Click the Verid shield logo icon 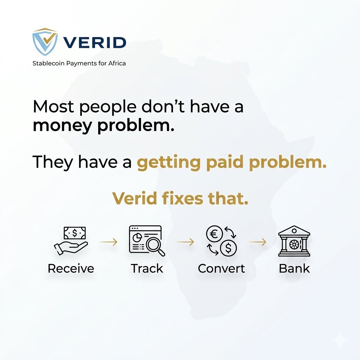[x=45, y=42]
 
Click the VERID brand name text [x=95, y=43]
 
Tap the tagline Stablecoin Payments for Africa [x=79, y=64]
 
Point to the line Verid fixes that [x=180, y=199]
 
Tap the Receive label [x=71, y=269]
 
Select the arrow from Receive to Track [x=108, y=242]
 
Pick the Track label [x=147, y=269]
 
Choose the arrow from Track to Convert [x=185, y=242]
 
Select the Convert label [x=221, y=269]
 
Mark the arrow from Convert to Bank [x=258, y=242]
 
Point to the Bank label [x=294, y=269]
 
